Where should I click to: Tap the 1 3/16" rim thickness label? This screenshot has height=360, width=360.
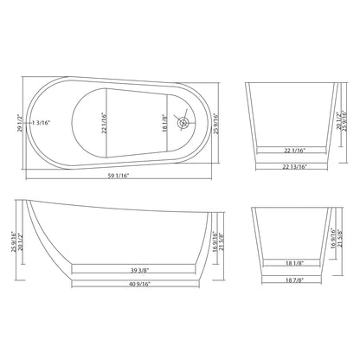click(46, 122)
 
